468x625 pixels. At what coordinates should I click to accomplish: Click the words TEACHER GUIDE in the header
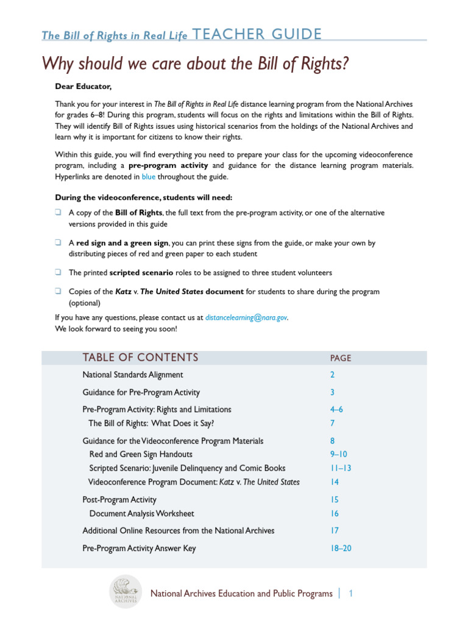(257, 35)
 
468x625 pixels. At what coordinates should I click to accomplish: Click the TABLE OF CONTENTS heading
(141, 358)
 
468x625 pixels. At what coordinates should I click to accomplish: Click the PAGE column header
(341, 358)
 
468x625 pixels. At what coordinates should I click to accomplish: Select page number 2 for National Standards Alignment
(333, 375)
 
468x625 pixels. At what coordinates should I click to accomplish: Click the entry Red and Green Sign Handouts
(141, 454)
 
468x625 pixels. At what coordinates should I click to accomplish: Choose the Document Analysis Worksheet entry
(141, 514)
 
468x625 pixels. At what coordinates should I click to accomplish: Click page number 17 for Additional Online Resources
(335, 530)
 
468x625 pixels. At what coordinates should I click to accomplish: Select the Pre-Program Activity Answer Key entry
(139, 548)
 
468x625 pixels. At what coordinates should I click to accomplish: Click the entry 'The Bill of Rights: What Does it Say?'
(151, 423)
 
